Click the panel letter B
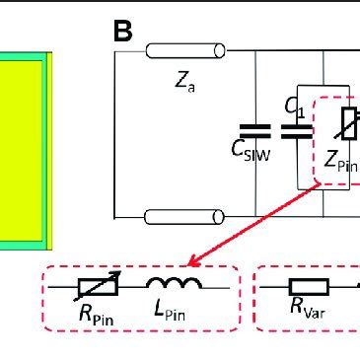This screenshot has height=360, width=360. point(122,31)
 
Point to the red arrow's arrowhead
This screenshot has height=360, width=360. point(193,264)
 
